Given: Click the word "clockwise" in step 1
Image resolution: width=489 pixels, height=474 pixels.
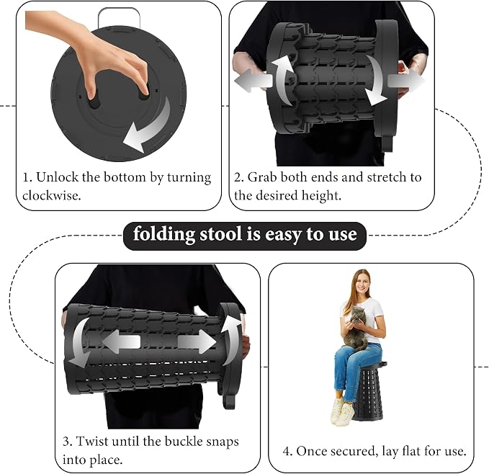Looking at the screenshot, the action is [51, 195].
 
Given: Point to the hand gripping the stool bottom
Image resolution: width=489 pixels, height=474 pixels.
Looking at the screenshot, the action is [91, 56].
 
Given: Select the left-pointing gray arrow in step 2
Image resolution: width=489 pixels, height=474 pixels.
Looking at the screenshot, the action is [254, 81].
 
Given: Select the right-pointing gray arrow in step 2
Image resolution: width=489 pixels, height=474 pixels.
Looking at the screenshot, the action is [406, 81].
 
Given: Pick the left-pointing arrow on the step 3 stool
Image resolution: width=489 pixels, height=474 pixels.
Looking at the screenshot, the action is [121, 341].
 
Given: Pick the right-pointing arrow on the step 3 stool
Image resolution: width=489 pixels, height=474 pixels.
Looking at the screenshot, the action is [197, 341].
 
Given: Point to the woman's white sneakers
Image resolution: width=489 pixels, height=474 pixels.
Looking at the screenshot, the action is [342, 411].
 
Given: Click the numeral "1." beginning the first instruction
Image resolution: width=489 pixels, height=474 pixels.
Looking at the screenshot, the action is [28, 177].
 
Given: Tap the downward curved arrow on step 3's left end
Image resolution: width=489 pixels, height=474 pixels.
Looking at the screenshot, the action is [80, 343].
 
